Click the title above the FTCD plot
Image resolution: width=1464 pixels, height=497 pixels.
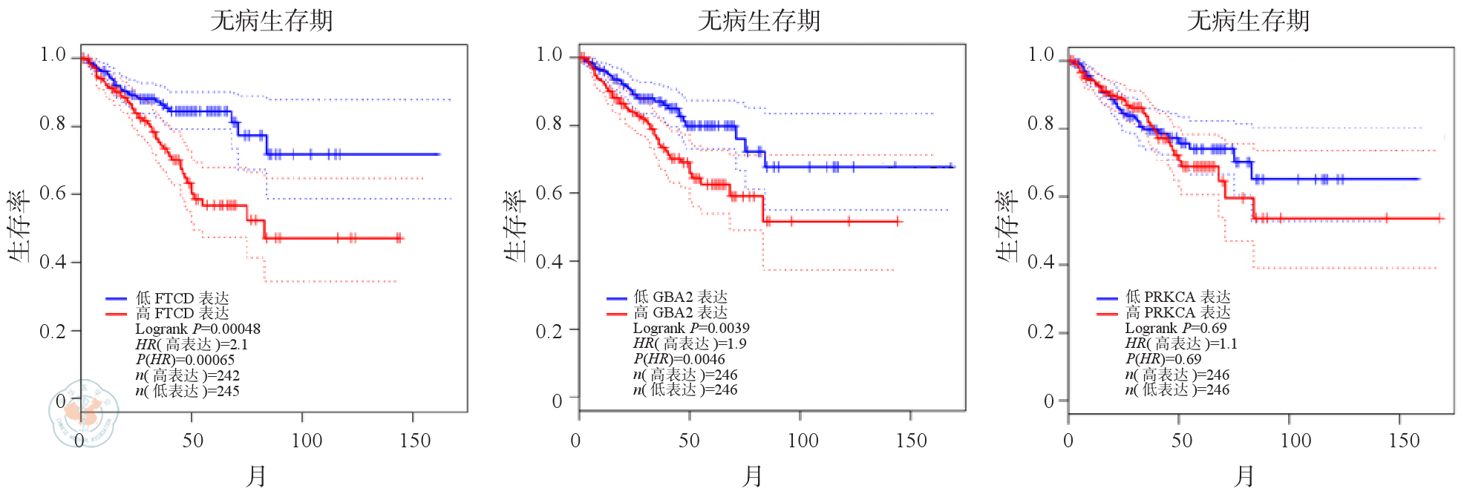tap(272, 20)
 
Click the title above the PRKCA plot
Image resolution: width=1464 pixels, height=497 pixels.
tap(1248, 20)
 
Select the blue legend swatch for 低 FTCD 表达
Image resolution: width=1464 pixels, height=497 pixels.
tap(117, 298)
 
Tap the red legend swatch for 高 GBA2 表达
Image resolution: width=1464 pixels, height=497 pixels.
tap(617, 314)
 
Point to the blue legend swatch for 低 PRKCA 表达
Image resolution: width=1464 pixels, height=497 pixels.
tap(1107, 298)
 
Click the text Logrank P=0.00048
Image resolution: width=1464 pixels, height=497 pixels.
tap(197, 329)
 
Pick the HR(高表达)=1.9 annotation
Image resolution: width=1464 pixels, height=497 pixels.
tap(690, 343)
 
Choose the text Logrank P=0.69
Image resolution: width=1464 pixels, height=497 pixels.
tap(1175, 328)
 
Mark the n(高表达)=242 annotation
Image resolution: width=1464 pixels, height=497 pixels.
tap(187, 375)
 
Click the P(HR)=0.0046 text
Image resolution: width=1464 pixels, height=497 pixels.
tap(679, 359)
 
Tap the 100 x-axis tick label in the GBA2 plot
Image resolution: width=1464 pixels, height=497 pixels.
tap(802, 441)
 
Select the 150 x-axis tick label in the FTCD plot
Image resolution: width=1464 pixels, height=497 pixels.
tap(414, 441)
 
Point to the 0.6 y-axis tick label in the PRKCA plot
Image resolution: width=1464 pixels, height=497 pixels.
tap(1040, 194)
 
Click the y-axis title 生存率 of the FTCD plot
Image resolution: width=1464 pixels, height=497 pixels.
tap(19, 226)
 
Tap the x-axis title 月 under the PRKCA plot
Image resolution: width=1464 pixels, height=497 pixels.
tap(1244, 476)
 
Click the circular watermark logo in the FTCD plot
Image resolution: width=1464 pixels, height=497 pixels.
tap(84, 412)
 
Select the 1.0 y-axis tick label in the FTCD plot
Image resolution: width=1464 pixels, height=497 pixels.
tap(53, 55)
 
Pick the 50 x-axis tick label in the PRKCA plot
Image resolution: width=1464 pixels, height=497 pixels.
tap(1181, 441)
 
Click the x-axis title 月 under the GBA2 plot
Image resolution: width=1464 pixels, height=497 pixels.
tap(751, 476)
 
